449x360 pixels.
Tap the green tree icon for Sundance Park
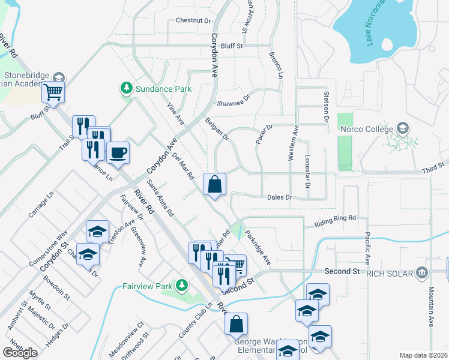tap(127, 89)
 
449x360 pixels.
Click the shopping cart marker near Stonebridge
tap(53, 93)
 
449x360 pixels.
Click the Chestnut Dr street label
tap(193, 20)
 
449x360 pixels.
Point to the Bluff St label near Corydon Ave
tap(231, 45)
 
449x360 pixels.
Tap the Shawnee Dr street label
tap(232, 100)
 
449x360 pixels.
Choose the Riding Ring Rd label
tap(335, 222)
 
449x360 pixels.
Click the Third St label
tap(432, 164)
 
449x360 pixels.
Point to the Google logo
tap(20, 352)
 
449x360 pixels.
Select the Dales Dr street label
tap(279, 197)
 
